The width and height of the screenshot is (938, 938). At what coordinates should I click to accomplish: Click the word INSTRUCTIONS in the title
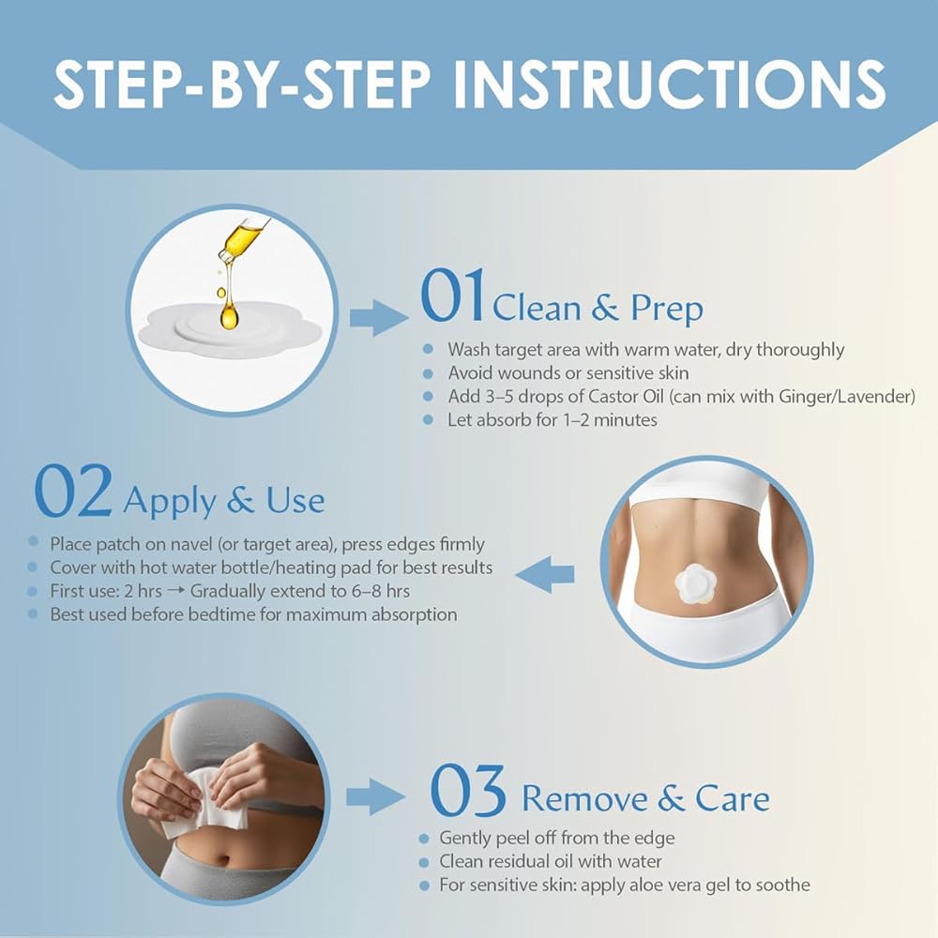pos(670,83)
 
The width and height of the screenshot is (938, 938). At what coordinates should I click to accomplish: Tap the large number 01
pos(452,296)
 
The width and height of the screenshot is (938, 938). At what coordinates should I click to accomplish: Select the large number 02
pos(73,491)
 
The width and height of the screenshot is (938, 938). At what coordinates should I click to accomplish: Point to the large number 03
pos(468,791)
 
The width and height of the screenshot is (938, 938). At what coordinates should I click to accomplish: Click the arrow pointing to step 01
pos(379,317)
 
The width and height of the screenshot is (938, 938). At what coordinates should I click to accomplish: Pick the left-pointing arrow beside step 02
pos(544,574)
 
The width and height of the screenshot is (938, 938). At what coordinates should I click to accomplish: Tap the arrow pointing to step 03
pos(376,796)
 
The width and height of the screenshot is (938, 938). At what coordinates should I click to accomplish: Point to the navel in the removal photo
pos(223,860)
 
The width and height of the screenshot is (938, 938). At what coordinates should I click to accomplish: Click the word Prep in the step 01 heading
pos(666,310)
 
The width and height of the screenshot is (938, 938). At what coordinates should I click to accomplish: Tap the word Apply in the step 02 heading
pos(169,501)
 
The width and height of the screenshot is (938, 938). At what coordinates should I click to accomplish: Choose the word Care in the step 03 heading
pos(733,798)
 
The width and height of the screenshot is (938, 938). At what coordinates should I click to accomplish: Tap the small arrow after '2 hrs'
pos(176,591)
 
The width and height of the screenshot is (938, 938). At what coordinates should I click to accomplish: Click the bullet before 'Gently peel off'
pos(424,839)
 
